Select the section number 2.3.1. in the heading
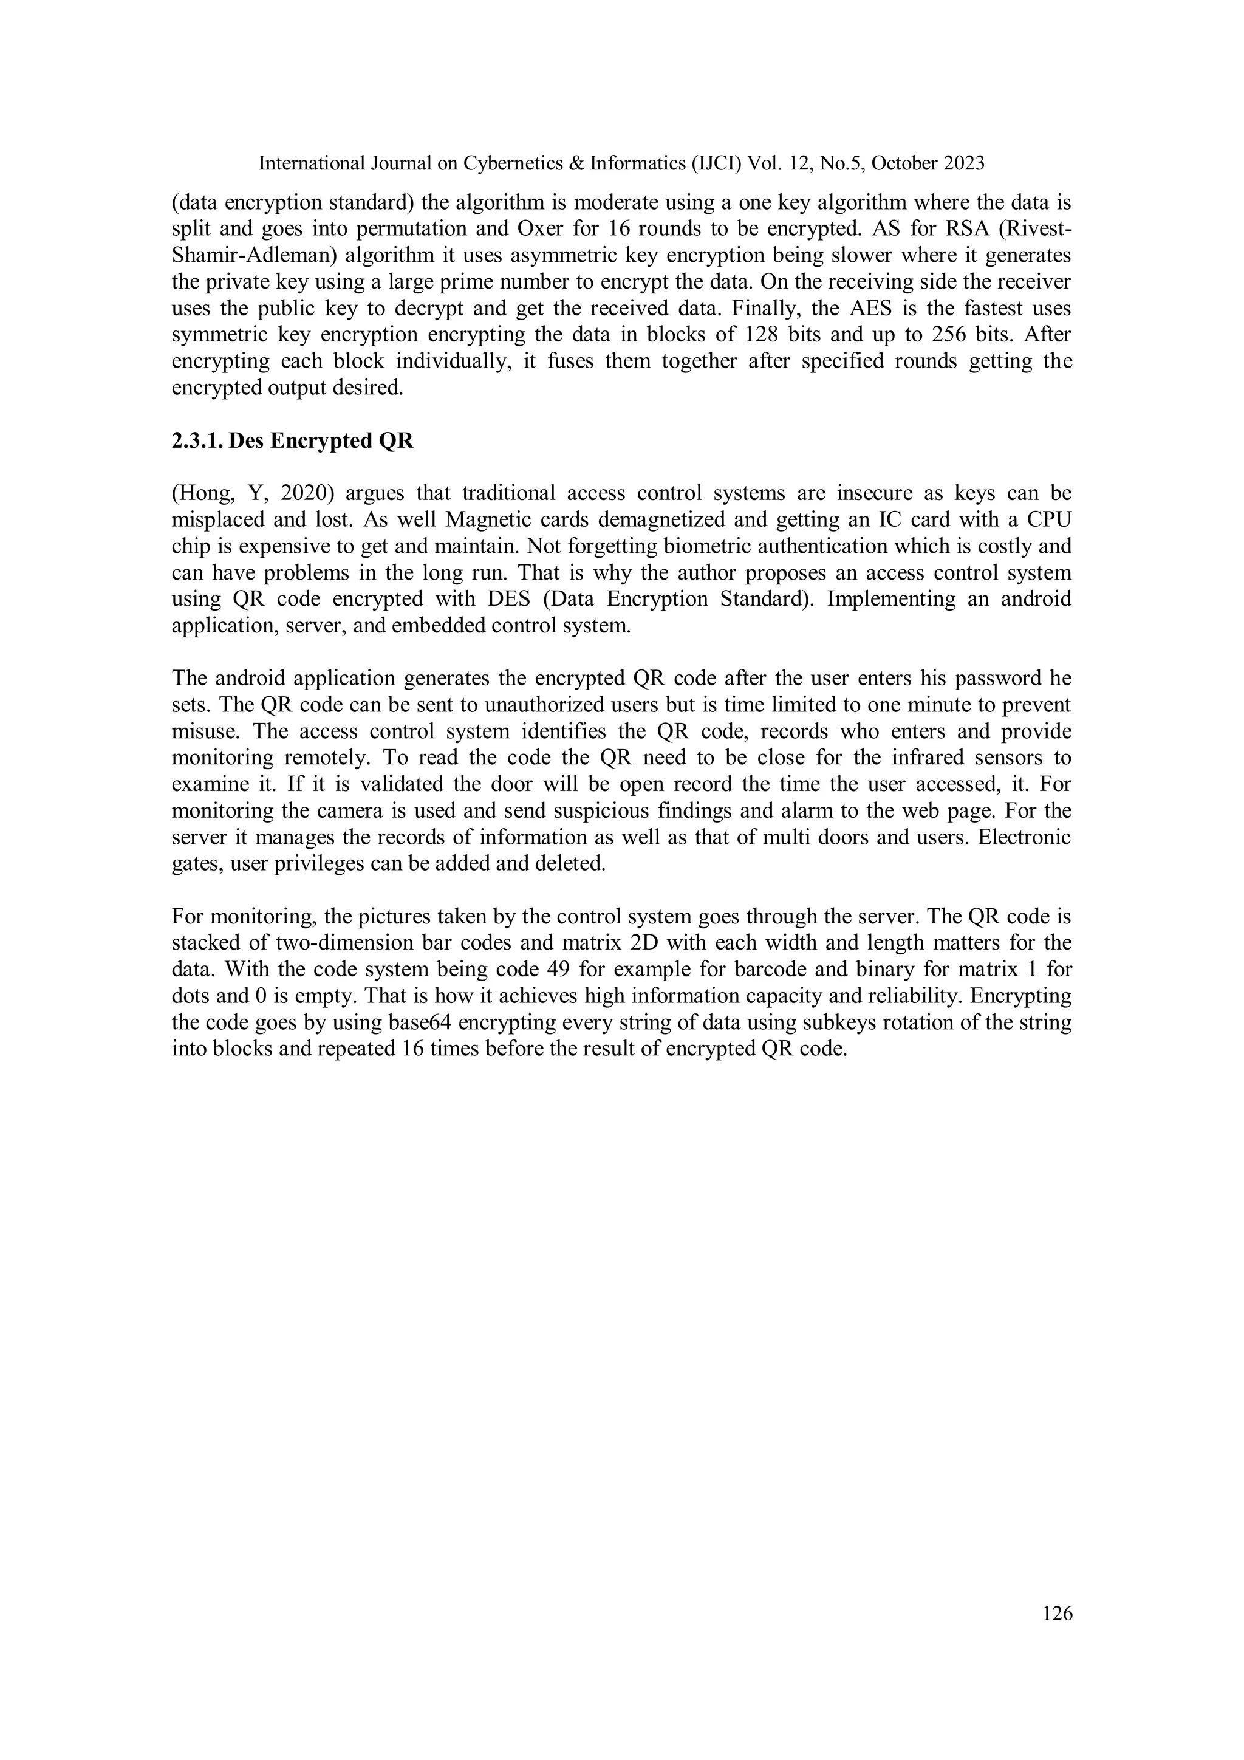(197, 442)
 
